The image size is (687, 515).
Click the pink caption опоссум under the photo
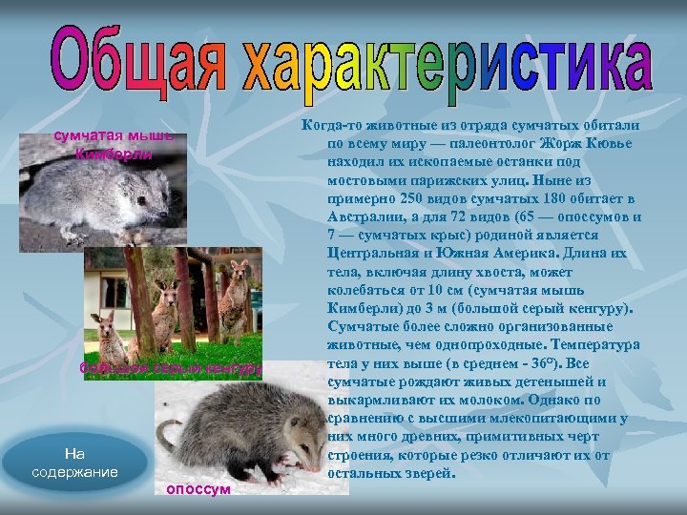pyautogui.click(x=198, y=488)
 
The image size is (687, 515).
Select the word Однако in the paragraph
pyautogui.click(x=570, y=400)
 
